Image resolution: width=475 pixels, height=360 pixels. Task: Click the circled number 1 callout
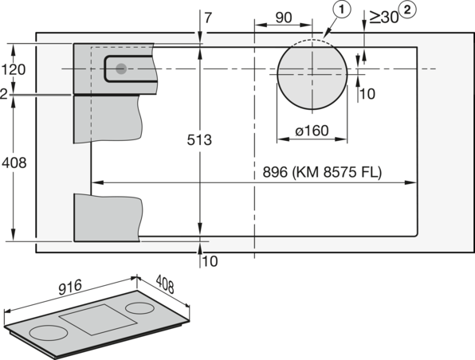click(342, 10)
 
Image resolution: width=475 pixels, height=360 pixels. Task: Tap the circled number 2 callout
click(407, 10)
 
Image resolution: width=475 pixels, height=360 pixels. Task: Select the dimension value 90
click(284, 18)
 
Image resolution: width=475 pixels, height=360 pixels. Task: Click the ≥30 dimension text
click(383, 17)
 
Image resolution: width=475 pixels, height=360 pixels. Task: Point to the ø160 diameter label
click(312, 131)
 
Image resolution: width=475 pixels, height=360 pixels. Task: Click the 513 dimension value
click(199, 140)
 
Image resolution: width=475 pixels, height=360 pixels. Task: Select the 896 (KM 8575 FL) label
click(322, 172)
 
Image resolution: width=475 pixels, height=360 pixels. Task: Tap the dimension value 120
click(14, 70)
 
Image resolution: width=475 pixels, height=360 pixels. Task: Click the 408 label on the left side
click(14, 163)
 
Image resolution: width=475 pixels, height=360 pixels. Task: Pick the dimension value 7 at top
click(209, 18)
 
